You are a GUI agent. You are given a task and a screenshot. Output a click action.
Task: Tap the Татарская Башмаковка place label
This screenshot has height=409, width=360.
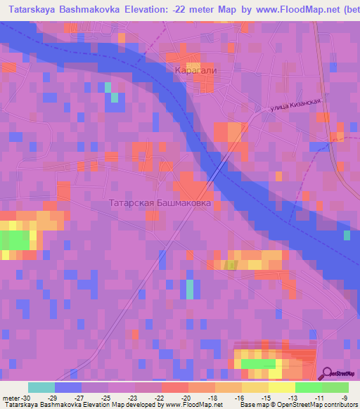tap(160, 203)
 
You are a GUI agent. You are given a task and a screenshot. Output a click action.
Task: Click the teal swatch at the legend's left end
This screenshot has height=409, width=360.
tap(41, 388)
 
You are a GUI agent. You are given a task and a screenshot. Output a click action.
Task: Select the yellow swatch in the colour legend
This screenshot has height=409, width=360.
tap(281, 388)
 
